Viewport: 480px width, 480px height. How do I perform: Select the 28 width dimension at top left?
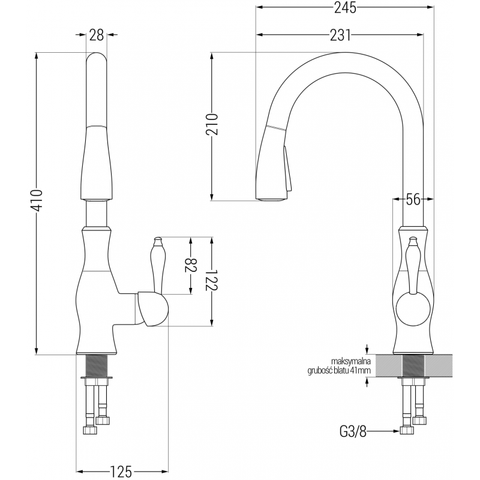tap(97, 35)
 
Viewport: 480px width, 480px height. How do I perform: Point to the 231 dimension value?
tap(340, 35)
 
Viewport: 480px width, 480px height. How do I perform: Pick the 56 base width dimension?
tap(412, 200)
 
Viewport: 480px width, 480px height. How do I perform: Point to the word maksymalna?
tap(352, 361)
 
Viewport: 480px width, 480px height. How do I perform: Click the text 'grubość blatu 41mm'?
tap(338, 370)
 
